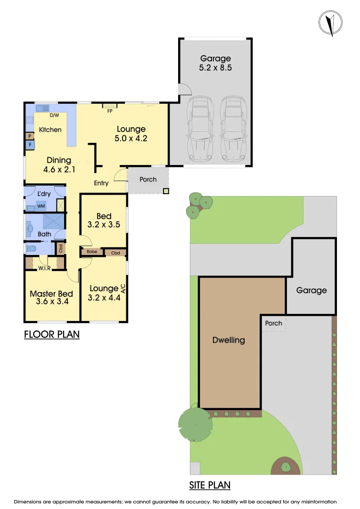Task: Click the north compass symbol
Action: [x=331, y=23]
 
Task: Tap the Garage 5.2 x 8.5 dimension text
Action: [x=215, y=63]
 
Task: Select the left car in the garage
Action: [x=200, y=128]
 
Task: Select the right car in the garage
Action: [x=233, y=128]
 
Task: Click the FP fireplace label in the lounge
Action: [x=110, y=111]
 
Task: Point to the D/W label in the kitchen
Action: [x=54, y=115]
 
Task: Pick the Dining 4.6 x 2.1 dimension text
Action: [x=59, y=164]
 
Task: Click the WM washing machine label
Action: [x=41, y=206]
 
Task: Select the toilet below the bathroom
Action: [x=32, y=248]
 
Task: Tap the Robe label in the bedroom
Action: [x=92, y=252]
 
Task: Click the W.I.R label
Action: [x=45, y=269]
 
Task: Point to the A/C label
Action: [x=123, y=288]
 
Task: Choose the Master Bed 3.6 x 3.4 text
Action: [x=51, y=297]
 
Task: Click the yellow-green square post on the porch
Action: [x=166, y=191]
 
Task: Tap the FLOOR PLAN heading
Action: [x=52, y=335]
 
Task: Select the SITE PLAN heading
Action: [x=210, y=485]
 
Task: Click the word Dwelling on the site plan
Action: [x=229, y=340]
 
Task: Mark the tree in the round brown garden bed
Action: [x=286, y=467]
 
